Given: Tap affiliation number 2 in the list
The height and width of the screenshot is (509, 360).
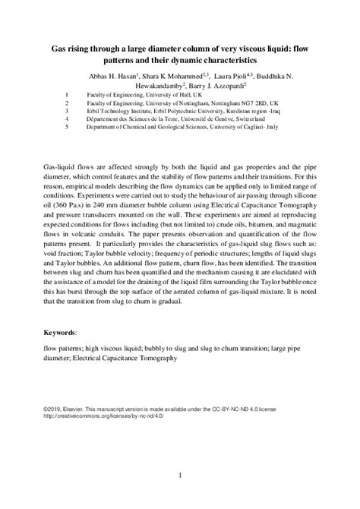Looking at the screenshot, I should pyautogui.click(x=68, y=103).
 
